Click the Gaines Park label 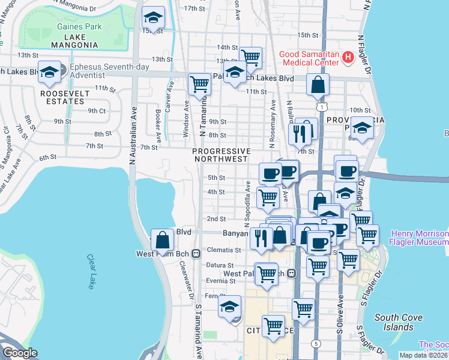[79, 26]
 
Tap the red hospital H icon [347, 58]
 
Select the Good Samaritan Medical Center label [309, 58]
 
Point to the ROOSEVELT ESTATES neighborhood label [65, 97]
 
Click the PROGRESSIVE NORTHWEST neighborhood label [220, 155]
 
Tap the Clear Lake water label [91, 270]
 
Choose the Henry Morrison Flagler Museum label [420, 237]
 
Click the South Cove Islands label [394, 322]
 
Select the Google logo [20, 353]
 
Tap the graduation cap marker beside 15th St [154, 20]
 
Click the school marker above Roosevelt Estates [49, 73]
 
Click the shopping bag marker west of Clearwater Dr [162, 241]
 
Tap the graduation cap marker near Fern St [229, 307]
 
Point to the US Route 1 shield [323, 106]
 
